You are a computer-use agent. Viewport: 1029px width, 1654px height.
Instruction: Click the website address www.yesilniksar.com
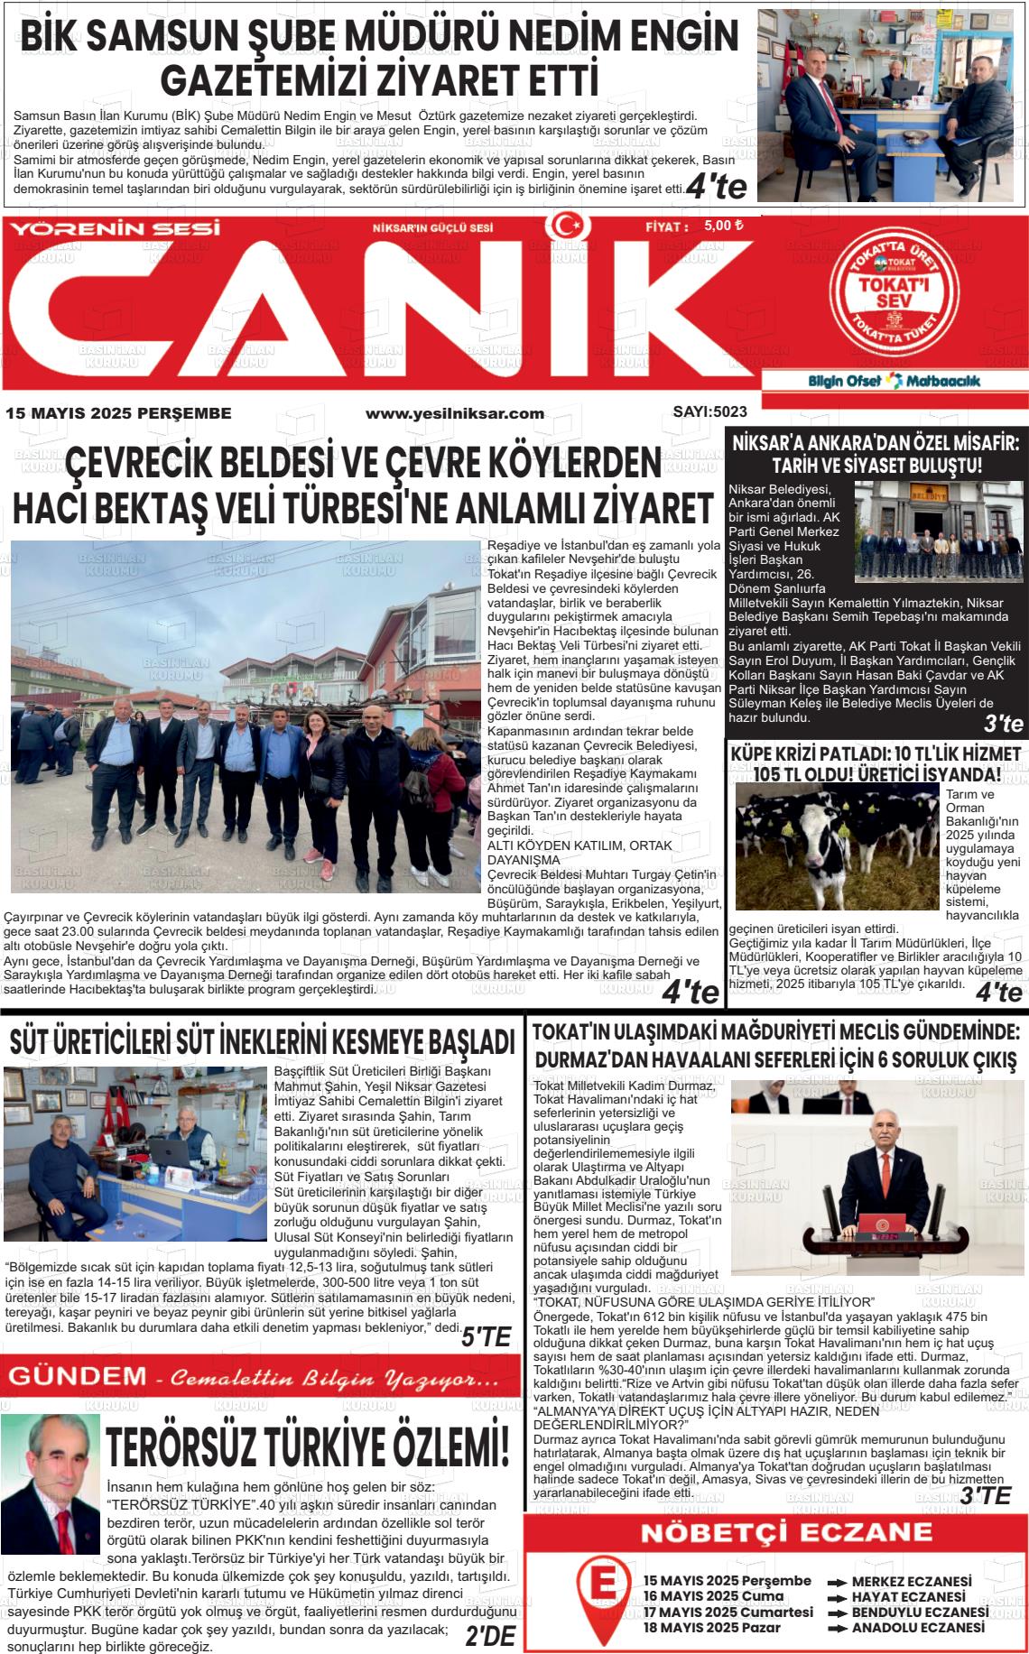[x=454, y=413]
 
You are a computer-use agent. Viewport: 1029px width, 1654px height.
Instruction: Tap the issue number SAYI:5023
[x=709, y=412]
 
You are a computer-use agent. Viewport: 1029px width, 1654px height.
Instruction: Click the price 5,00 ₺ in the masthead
[x=723, y=226]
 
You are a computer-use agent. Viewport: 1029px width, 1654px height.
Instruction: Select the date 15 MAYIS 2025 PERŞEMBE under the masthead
[x=118, y=413]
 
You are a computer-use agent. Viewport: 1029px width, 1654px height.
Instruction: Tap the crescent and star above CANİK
[x=566, y=225]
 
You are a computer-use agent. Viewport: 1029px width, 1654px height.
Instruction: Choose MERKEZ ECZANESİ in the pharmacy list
[x=911, y=1582]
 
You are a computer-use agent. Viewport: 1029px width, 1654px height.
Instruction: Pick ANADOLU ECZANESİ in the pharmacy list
[x=917, y=1628]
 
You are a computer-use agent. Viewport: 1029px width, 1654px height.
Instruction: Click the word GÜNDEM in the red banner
[x=76, y=1377]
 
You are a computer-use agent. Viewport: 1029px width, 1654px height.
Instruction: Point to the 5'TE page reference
[x=486, y=1337]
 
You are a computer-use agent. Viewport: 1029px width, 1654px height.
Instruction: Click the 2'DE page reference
[x=490, y=1636]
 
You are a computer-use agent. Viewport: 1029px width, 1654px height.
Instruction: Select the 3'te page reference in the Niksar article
[x=1003, y=724]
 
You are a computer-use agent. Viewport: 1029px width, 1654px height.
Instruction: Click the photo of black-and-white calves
[x=837, y=845]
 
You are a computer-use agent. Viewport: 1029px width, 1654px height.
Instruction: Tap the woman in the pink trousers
[x=323, y=794]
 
